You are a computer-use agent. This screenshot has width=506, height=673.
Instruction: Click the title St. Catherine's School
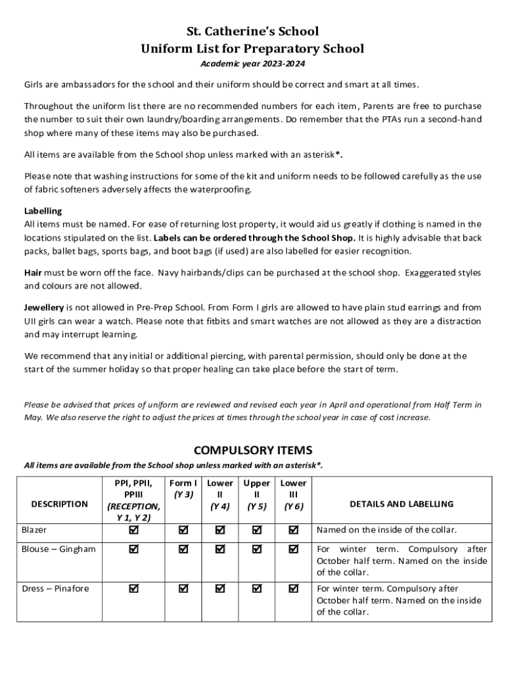253,31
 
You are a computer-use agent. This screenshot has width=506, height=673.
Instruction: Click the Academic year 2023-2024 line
253,64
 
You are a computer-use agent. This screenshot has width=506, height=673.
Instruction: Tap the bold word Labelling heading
43,211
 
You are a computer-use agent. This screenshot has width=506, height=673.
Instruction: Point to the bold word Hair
33,272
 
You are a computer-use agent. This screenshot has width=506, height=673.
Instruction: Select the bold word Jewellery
44,308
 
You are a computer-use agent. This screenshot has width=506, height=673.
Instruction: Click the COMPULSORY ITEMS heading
253,450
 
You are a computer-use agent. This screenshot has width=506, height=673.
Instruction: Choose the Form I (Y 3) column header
183,488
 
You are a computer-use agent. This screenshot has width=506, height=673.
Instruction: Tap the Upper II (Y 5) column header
256,494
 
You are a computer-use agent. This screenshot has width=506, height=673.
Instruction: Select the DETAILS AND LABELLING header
402,504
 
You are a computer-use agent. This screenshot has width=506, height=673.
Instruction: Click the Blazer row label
34,530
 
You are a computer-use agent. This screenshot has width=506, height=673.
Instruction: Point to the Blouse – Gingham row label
58,549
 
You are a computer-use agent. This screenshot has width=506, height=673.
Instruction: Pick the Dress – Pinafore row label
55,589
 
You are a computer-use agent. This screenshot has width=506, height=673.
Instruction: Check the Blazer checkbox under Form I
183,530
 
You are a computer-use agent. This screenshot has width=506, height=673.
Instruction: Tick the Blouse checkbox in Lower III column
293,549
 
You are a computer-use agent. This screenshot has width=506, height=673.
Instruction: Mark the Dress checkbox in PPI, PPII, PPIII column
133,589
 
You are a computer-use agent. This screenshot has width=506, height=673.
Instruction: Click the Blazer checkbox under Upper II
256,530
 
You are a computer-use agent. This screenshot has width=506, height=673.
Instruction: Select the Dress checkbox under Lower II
219,589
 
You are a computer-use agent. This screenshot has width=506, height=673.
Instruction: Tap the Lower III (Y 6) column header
293,494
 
